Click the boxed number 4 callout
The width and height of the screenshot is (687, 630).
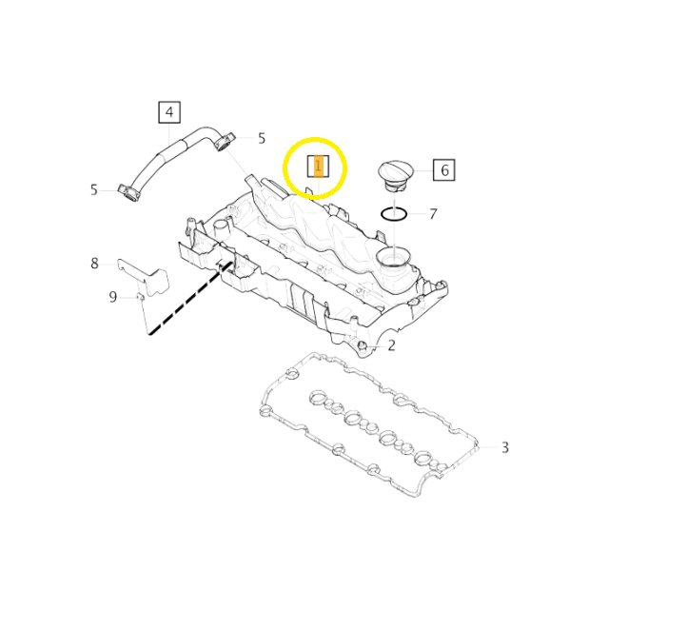(x=169, y=112)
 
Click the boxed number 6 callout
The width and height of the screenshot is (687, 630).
(x=443, y=169)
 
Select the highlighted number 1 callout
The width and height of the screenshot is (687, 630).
(x=318, y=166)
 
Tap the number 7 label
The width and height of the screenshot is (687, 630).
(x=433, y=214)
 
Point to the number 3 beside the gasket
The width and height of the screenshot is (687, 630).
(x=505, y=447)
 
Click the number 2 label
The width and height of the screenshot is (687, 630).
(x=391, y=345)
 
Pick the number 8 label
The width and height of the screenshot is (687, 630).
(x=94, y=264)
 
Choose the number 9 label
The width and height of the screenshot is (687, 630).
(x=113, y=297)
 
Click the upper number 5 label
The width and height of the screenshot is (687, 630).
(x=262, y=138)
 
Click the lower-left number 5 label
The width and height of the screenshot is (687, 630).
(x=94, y=189)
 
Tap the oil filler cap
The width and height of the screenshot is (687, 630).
(x=396, y=176)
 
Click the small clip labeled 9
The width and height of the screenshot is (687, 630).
(x=140, y=297)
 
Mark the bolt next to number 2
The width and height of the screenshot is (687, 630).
(x=362, y=346)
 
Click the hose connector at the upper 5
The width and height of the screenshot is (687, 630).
(x=225, y=141)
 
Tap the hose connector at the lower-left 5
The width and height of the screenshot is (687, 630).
(x=128, y=193)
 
